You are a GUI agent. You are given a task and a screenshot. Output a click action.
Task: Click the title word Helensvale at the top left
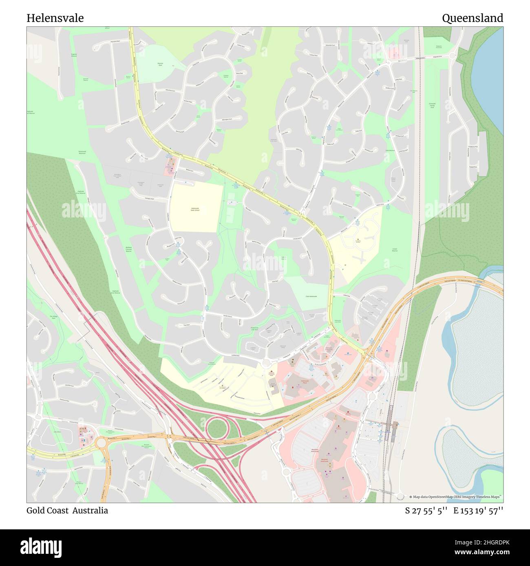(x=55, y=18)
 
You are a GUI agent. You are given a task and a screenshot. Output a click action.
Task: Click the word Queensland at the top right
(x=472, y=18)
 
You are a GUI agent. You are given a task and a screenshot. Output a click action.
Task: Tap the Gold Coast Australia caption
(x=67, y=511)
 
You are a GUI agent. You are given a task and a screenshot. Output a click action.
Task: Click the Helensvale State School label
(x=195, y=209)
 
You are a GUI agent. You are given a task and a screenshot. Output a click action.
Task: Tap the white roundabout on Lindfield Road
(x=267, y=363)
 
